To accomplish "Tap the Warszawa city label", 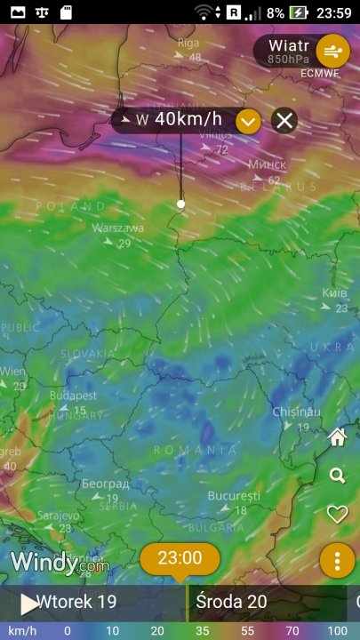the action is pos(118,228).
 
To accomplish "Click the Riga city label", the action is pos(188,43).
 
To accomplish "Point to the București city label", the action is pos(234,495).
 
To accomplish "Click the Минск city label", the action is pos(267,165).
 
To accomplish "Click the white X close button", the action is pos(284,120).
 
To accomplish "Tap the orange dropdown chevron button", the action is pos(248,120).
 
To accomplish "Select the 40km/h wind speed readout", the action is pos(188,119).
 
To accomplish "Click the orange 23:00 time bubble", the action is pos(180,558).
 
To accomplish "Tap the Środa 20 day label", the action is pos(231,602).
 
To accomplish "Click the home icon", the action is pos(337,437).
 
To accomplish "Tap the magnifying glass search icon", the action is pos(337,476).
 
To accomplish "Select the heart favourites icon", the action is pos(337,514).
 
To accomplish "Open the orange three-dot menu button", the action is pos(337,561).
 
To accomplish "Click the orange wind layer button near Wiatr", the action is pos(333,50).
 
